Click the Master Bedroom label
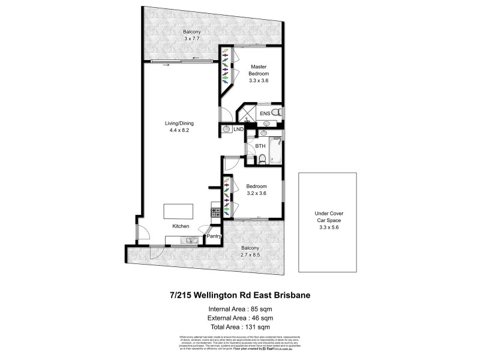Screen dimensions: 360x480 [259, 70]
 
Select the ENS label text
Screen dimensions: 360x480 [265, 113]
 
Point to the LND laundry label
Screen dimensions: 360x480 [238, 129]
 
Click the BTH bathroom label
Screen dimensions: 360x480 [260, 146]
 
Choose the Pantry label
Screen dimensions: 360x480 [214, 236]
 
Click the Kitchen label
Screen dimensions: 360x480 [181, 226]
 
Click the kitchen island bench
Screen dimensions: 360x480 [179, 212]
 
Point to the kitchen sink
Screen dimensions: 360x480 [188, 241]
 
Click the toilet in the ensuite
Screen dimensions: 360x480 [276, 113]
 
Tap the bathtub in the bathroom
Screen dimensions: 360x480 [277, 150]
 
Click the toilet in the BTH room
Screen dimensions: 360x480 [262, 159]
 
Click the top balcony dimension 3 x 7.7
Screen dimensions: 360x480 [192, 38]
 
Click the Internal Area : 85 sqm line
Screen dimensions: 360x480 [239, 309]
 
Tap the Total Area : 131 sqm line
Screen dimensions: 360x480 [239, 327]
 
